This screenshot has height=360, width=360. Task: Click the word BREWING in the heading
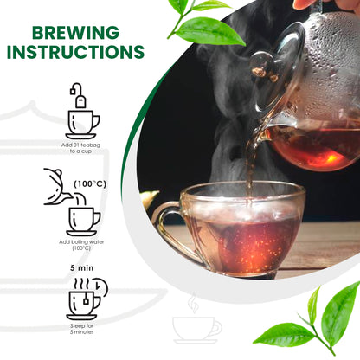[75, 33]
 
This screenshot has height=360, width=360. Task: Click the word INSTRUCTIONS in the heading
[75, 52]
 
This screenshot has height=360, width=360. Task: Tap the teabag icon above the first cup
[79, 96]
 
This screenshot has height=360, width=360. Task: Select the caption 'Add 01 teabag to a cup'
[80, 148]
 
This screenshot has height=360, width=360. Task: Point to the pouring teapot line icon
[57, 187]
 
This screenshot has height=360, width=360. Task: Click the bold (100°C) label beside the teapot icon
[90, 183]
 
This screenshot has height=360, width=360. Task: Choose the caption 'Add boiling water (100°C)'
[81, 245]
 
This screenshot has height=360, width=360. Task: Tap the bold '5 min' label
[82, 268]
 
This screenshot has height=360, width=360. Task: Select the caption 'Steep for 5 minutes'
[81, 329]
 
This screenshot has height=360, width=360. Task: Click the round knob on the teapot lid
[263, 66]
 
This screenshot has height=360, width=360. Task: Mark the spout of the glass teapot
[260, 136]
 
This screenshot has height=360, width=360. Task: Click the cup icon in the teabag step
[82, 125]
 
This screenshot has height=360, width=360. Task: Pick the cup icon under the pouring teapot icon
[83, 222]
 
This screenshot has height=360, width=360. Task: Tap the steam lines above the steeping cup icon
[81, 284]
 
